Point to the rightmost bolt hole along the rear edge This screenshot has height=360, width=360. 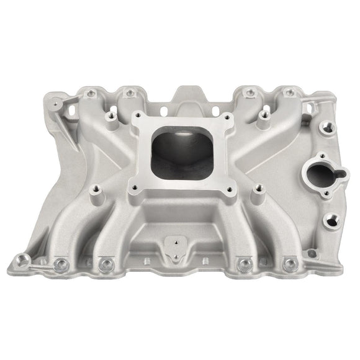pyautogui.click(x=287, y=94)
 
